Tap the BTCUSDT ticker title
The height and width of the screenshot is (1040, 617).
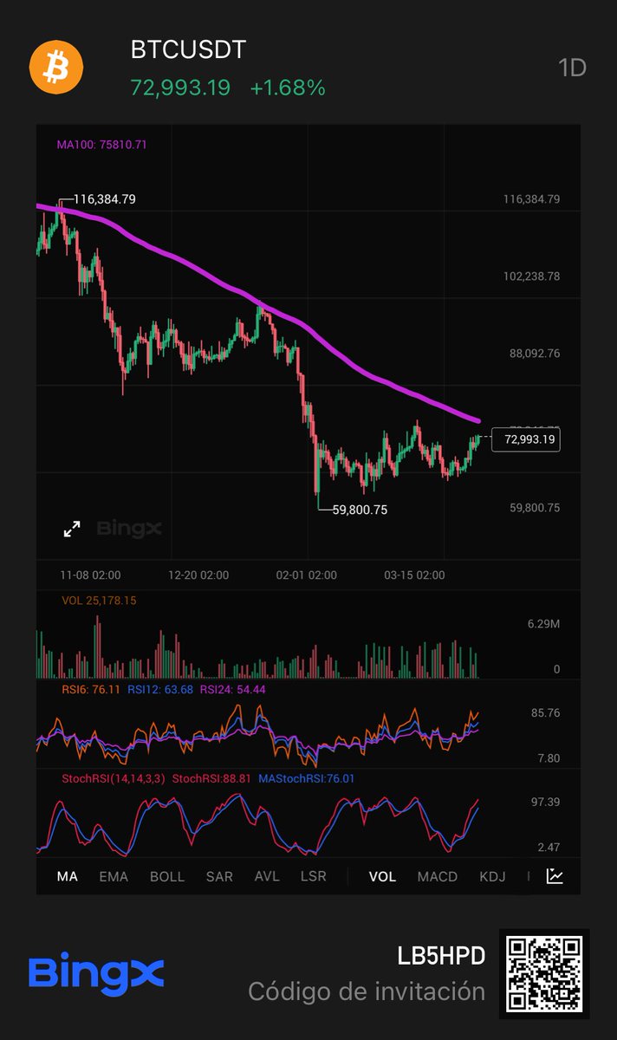(x=188, y=50)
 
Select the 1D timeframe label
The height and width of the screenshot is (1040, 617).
(x=573, y=68)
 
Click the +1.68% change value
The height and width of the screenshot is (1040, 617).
(x=288, y=88)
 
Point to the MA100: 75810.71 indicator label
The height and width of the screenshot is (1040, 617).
(x=101, y=145)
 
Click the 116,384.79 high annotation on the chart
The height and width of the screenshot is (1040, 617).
(x=104, y=199)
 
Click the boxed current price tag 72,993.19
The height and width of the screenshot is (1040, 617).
(x=524, y=439)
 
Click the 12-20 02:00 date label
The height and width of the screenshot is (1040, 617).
(x=199, y=575)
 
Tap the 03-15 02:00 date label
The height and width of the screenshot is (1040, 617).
(x=414, y=575)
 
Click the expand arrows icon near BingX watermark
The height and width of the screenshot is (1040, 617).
(x=72, y=529)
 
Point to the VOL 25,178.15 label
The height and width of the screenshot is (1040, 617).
(x=99, y=601)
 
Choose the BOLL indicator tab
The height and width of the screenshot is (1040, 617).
(x=167, y=876)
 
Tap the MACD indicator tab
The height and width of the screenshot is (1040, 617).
(x=437, y=876)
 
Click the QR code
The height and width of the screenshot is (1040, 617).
(x=544, y=974)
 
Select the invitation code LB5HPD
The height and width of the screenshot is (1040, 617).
(x=441, y=956)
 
